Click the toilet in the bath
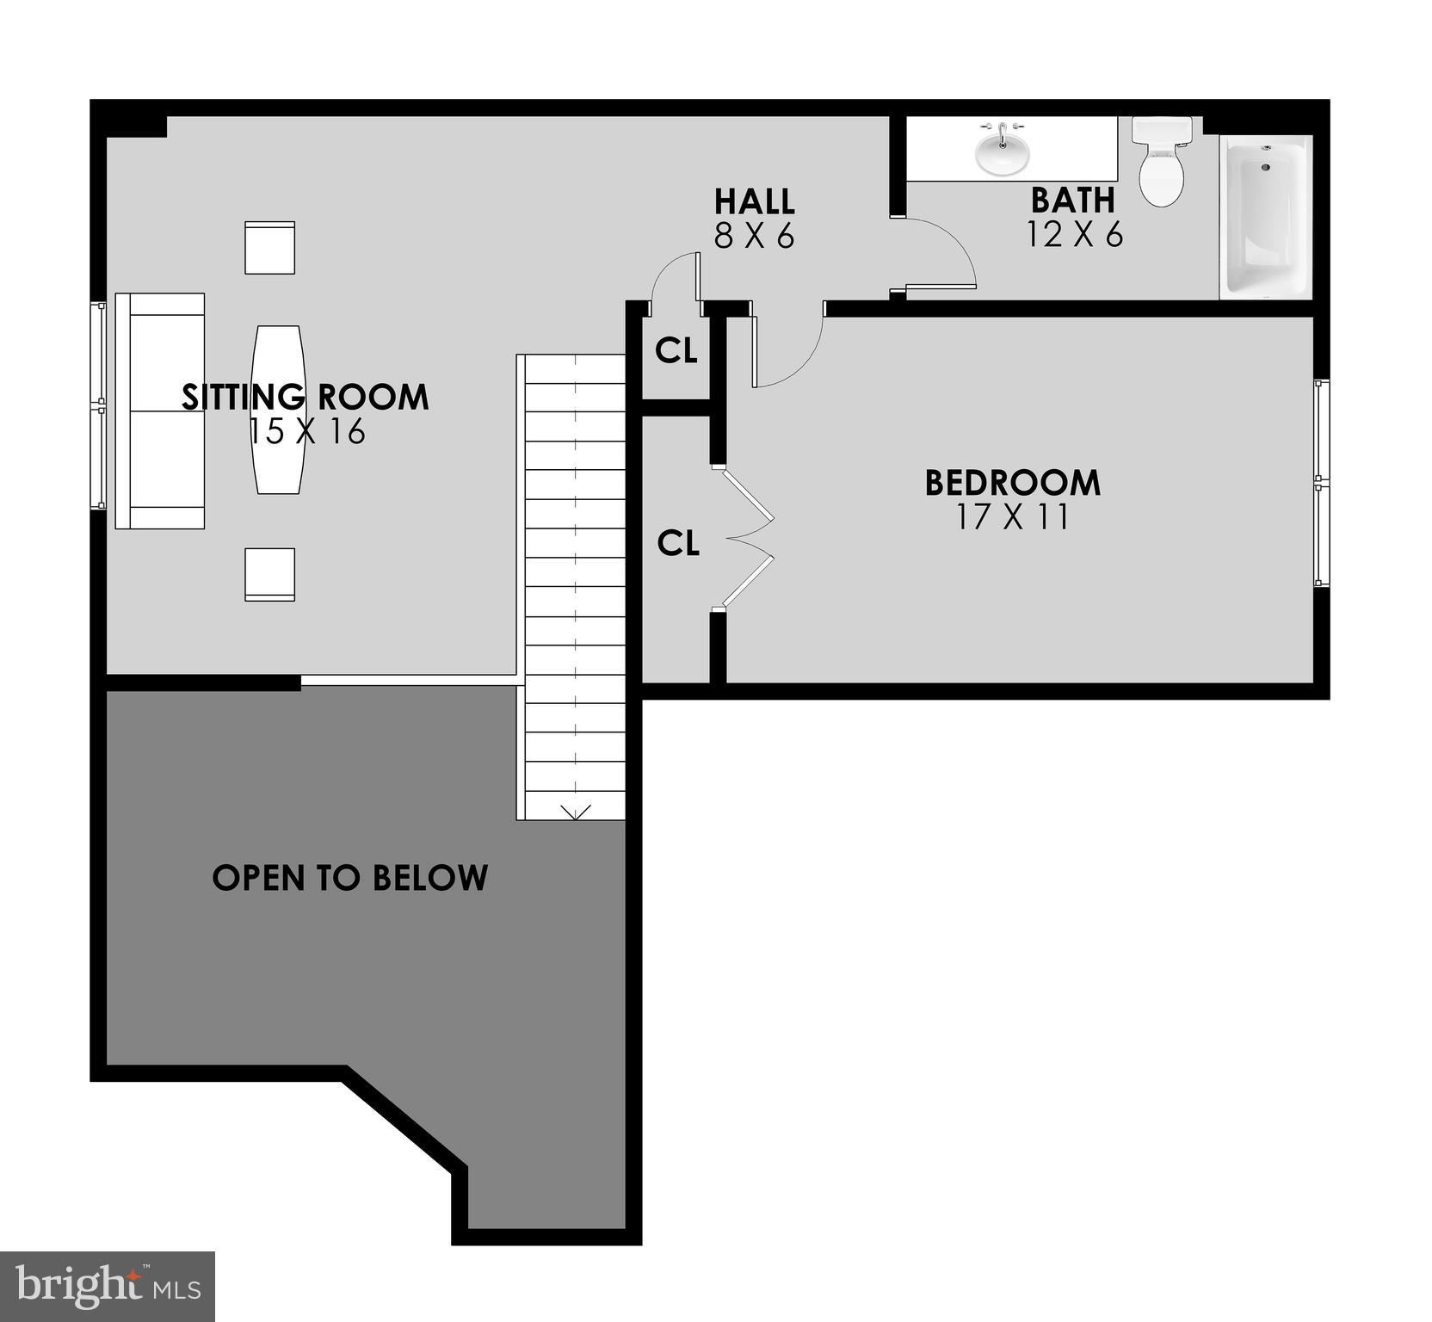coord(1161,164)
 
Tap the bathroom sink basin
coord(1001,153)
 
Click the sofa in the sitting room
coord(160,411)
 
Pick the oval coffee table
coord(277,410)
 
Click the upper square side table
coord(269,248)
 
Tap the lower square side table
coord(269,574)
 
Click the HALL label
coord(754,201)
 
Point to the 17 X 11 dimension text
coord(1012,517)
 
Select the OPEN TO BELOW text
coord(349,878)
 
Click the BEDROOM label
coord(1012,483)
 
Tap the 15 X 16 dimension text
coord(307,431)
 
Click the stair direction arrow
coord(575,812)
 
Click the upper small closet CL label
coord(676,350)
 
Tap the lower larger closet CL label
coord(678,543)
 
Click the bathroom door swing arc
coord(947,250)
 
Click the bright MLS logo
coord(108,1286)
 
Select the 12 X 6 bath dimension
coord(1074,234)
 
